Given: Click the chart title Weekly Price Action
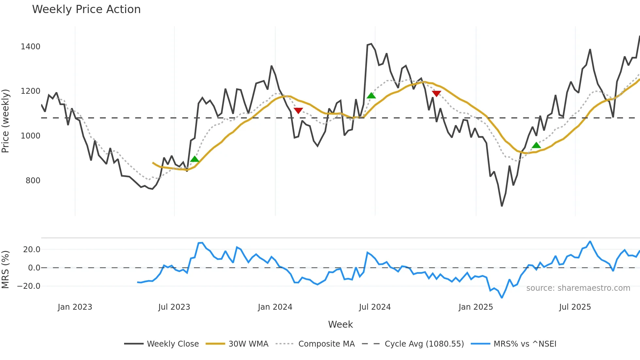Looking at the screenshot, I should (x=86, y=9).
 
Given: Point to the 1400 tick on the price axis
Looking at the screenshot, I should (x=30, y=47).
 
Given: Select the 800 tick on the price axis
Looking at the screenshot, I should (x=33, y=181).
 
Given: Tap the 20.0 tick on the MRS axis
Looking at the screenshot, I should (x=32, y=250).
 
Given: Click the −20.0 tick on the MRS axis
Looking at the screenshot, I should (x=29, y=286).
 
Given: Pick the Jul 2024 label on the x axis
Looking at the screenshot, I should (x=375, y=307).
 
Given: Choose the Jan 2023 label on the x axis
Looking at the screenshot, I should (x=75, y=307).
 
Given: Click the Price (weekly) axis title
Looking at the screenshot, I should (x=6, y=121).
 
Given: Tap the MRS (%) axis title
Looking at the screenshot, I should (x=6, y=270).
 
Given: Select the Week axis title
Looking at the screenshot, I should (x=340, y=324).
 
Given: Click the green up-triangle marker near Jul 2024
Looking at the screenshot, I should (x=371, y=96).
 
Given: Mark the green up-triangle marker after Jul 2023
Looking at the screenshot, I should (x=195, y=159).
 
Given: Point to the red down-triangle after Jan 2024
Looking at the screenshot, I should (x=298, y=110).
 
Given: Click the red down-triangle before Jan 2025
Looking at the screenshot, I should (x=436, y=94).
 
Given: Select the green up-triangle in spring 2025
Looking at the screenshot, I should (x=536, y=145).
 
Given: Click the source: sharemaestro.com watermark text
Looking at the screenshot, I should (x=578, y=288).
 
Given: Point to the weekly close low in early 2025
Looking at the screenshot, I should (x=502, y=206).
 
